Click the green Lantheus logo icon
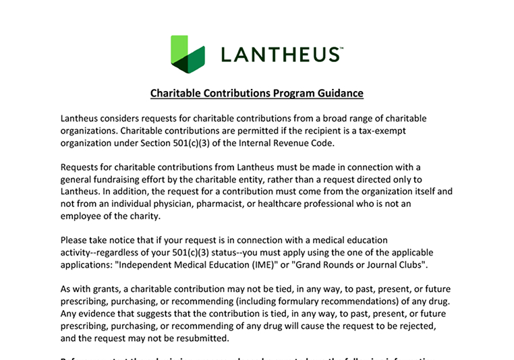[x=188, y=54]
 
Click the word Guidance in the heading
[x=335, y=94]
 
